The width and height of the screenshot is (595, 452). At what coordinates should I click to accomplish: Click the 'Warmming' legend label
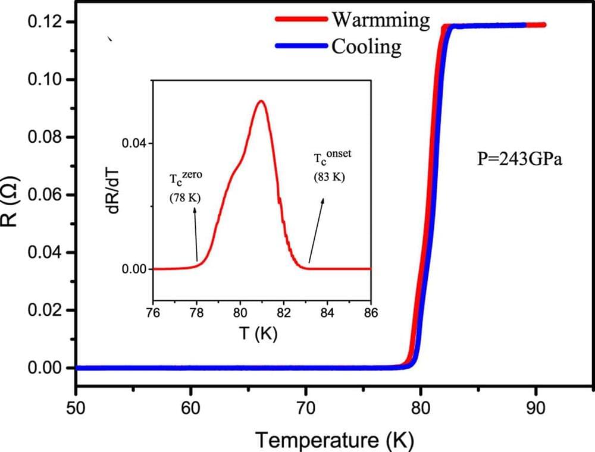pyautogui.click(x=380, y=20)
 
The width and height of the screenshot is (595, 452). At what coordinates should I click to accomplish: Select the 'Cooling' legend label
pyautogui.click(x=366, y=46)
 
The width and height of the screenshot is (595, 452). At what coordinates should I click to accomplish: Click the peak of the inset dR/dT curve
pyautogui.click(x=261, y=101)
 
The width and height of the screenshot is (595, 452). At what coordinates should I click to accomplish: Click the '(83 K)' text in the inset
pyautogui.click(x=329, y=177)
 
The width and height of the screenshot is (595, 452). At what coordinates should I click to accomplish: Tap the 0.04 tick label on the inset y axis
pyautogui.click(x=133, y=143)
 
